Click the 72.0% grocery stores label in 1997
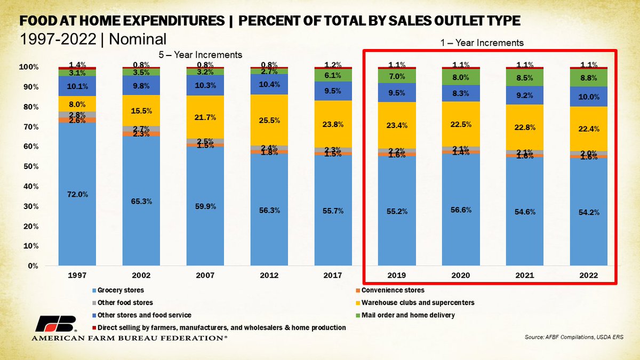[x=77, y=195]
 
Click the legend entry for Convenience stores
[x=389, y=291]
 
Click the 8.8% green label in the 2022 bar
[x=589, y=77]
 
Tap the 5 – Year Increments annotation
[x=201, y=54]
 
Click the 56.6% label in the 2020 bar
[x=461, y=210]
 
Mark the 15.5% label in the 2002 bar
[x=141, y=110]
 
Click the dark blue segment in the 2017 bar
[x=333, y=91]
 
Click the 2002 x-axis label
[x=141, y=276]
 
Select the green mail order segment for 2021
[x=525, y=77]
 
